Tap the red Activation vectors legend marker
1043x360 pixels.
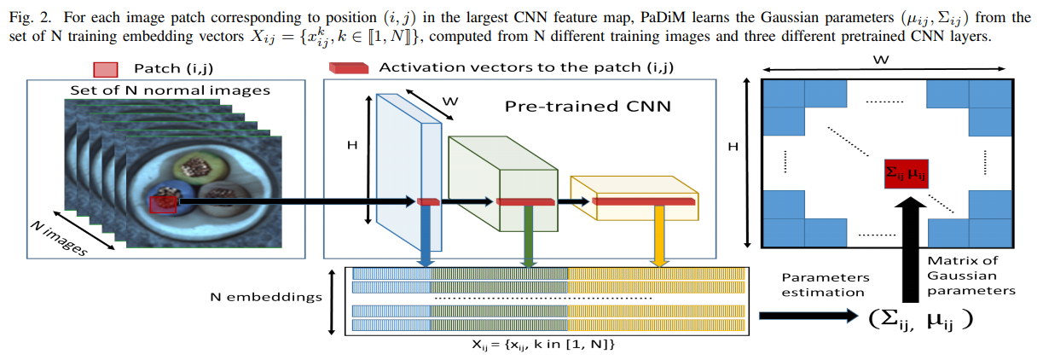(347, 69)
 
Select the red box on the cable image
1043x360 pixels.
(163, 203)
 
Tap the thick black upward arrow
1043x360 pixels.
(911, 247)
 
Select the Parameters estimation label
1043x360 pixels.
(825, 285)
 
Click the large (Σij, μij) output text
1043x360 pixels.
(922, 320)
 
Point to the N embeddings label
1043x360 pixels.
(266, 298)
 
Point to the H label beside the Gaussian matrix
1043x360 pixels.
(732, 147)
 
